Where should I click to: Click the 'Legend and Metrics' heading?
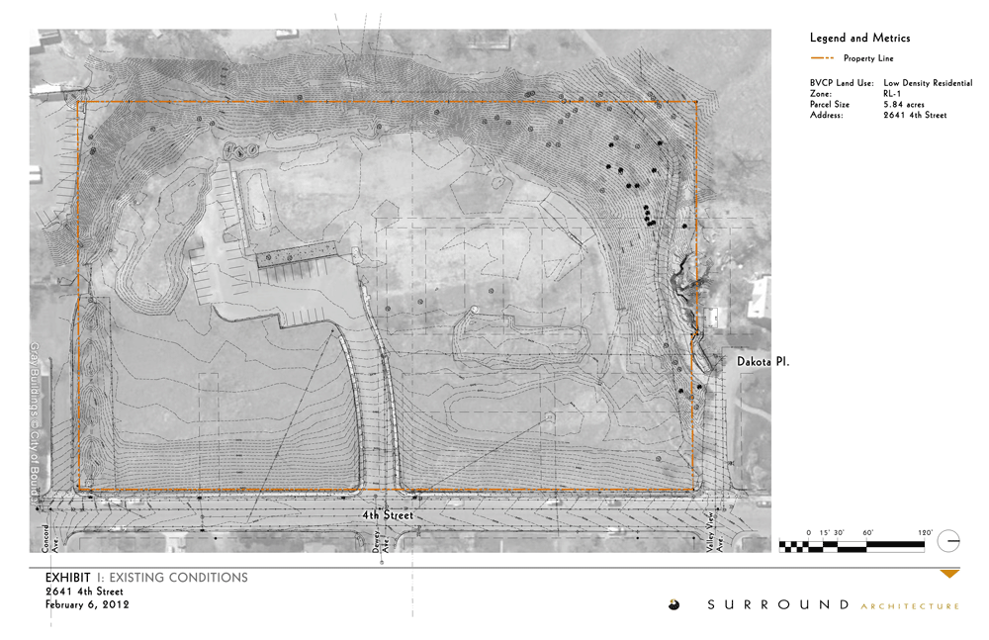pyautogui.click(x=859, y=38)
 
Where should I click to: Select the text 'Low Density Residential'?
pyautogui.click(x=928, y=83)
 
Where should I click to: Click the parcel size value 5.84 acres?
pyautogui.click(x=904, y=105)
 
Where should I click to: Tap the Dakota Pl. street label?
pyautogui.click(x=764, y=363)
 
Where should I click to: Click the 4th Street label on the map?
pyautogui.click(x=385, y=515)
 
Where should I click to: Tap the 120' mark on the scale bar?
pyautogui.click(x=925, y=532)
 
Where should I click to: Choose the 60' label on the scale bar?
pyautogui.click(x=866, y=532)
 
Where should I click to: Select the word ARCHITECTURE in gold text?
pyautogui.click(x=910, y=605)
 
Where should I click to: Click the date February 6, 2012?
pyautogui.click(x=87, y=604)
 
